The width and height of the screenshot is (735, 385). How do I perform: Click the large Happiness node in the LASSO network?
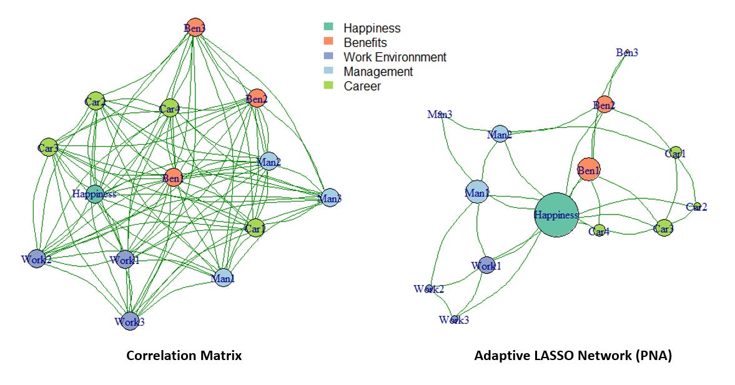[556, 215]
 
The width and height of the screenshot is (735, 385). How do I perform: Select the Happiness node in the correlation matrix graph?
[95, 193]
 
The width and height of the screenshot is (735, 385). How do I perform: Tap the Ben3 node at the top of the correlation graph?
[195, 27]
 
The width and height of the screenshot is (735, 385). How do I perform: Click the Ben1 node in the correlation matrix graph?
[173, 178]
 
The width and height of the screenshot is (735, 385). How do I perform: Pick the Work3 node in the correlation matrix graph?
[129, 321]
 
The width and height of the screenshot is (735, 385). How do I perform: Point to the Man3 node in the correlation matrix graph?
[330, 198]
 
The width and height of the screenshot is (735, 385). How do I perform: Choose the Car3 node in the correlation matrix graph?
[48, 148]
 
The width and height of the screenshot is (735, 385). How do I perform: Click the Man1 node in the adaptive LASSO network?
[477, 193]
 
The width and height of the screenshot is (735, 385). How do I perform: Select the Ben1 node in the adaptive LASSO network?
[589, 170]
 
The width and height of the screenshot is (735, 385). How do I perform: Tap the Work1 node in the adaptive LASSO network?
[486, 265]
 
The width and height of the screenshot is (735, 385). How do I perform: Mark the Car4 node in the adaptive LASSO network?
[599, 231]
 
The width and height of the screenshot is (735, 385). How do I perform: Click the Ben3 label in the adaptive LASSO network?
[627, 52]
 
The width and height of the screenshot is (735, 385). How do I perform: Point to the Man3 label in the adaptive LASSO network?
[440, 114]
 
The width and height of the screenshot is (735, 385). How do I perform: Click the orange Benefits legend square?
[328, 42]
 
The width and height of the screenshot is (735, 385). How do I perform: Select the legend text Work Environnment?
[395, 57]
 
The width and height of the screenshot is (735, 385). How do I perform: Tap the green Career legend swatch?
[328, 85]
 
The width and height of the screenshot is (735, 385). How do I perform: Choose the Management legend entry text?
[378, 71]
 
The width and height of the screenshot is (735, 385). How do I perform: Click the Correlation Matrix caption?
[184, 356]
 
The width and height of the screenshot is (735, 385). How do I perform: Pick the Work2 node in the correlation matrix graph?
[36, 259]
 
